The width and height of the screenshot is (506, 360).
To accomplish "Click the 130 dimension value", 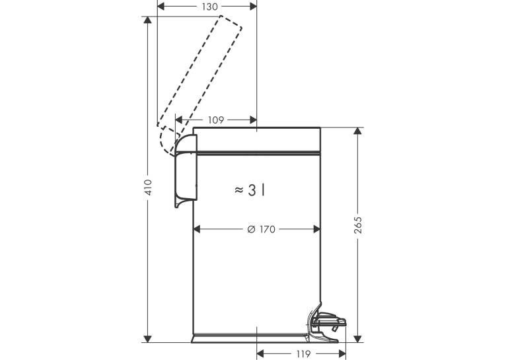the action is tap(210, 7).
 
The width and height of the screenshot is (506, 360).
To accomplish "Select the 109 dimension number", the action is tap(216, 120).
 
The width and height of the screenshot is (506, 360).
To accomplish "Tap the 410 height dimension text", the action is tap(148, 187).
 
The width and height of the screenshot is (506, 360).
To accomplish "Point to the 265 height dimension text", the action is tap(357, 225).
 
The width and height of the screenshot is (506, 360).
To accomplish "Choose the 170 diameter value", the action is tap(267, 229).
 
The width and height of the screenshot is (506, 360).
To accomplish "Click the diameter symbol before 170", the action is tap(252, 229).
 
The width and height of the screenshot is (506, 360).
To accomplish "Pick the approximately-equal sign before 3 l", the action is tap(239, 190).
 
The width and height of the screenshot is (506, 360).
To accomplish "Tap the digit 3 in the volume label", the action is tap(252, 190).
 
